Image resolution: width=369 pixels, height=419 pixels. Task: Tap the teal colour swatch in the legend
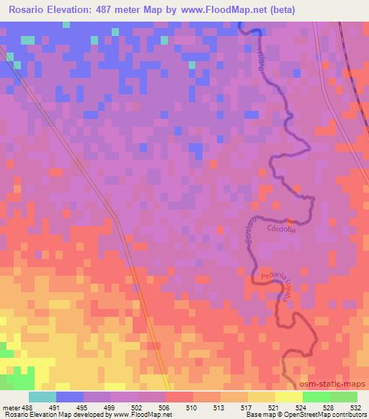point(42,397)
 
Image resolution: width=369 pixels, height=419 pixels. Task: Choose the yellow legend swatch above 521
point(289,397)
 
